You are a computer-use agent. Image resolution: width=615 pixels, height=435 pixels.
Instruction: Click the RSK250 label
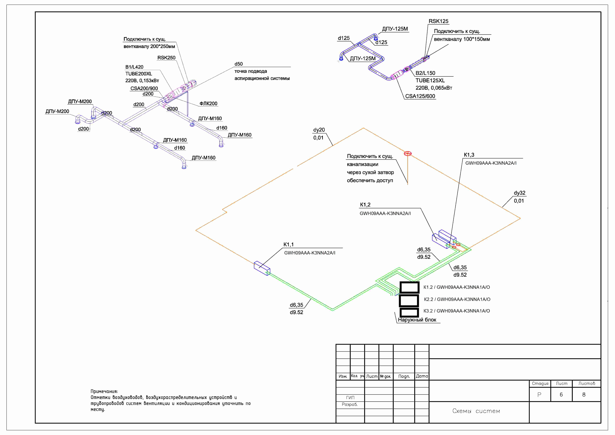coord(166,58)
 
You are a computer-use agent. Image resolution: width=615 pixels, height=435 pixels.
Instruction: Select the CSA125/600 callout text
coord(420,96)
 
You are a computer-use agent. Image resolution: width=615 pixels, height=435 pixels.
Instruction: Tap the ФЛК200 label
coord(208,103)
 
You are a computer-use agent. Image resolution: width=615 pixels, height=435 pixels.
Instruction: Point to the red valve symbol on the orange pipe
coord(408,154)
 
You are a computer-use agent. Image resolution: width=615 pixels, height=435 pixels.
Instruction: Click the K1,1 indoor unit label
coord(288,244)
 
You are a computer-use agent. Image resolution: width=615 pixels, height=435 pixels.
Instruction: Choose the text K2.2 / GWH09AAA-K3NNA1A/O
coord(457,299)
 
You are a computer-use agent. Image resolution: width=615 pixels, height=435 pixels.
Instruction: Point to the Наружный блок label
coord(417,320)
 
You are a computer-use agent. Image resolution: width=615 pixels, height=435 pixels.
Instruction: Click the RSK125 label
coord(439,21)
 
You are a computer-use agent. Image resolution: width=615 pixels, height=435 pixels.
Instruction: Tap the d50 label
coord(239,64)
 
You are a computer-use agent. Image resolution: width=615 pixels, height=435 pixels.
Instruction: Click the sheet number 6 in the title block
coord(561,395)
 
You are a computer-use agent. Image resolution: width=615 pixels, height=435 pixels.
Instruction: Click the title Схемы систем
coord(476,411)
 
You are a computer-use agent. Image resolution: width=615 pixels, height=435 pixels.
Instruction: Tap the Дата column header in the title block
coord(422,376)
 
